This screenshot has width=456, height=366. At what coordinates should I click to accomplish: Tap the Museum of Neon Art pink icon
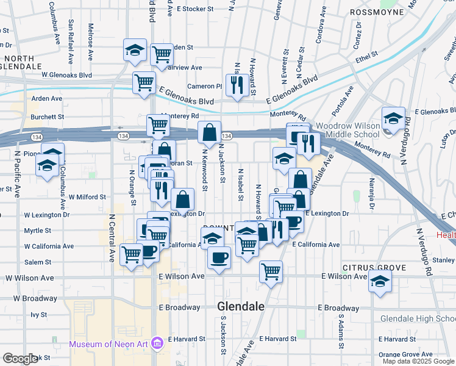[x=157, y=344]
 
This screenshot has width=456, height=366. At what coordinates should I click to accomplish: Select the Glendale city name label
[x=241, y=307]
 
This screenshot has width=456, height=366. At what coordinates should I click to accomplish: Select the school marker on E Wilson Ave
[x=380, y=282]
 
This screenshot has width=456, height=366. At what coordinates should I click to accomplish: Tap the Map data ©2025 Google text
[x=418, y=361]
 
